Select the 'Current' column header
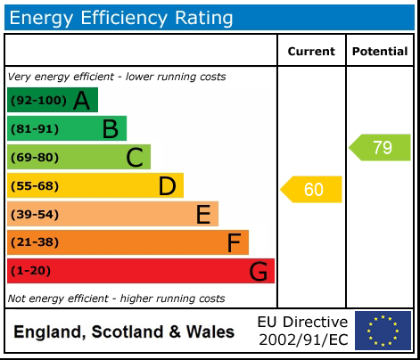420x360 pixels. click(x=311, y=52)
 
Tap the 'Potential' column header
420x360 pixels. click(x=380, y=52)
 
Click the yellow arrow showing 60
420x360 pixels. click(x=312, y=190)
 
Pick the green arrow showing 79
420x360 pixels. click(x=380, y=148)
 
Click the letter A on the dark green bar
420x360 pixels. click(x=82, y=101)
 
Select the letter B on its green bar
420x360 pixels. click(x=110, y=129)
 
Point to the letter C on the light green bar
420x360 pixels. click(x=135, y=158)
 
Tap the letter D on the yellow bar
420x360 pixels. click(x=167, y=186)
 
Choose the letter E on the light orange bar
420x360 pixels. click(x=202, y=215)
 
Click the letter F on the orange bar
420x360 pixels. click(x=234, y=243)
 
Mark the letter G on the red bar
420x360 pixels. click(x=259, y=272)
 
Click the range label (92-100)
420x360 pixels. click(x=37, y=101)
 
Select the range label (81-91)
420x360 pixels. click(x=35, y=129)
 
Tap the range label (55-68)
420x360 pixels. click(x=35, y=186)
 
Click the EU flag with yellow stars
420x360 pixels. click(x=383, y=331)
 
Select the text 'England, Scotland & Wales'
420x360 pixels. click(x=124, y=332)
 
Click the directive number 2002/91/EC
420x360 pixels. click(x=302, y=340)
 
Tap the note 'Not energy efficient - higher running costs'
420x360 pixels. click(x=116, y=299)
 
